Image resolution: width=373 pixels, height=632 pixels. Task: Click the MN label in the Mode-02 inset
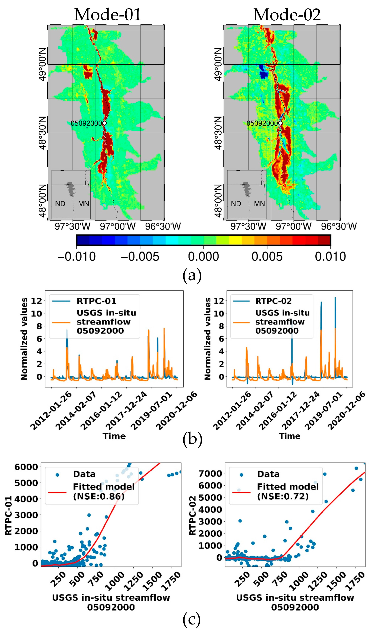(x=259, y=204)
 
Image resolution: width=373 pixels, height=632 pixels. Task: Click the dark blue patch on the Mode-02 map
(x=263, y=72)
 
